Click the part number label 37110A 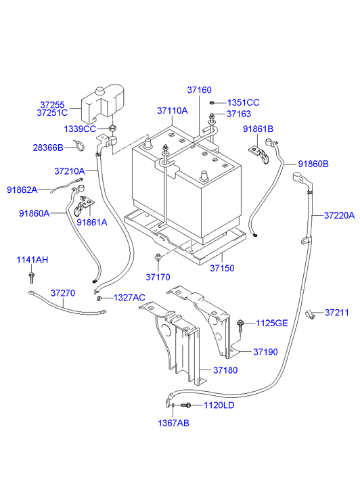coord(172,110)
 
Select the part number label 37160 coord(200,90)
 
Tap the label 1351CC coord(243,102)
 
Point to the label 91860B coord(313,164)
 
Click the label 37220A coord(339,216)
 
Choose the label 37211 coord(336,313)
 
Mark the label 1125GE coord(271,323)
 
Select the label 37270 coord(64,294)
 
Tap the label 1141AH coord(32,260)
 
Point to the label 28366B coord(47,147)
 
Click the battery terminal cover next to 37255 coord(104,101)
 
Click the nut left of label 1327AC coord(99,298)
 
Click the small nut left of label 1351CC coord(212,102)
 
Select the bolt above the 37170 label coord(157,257)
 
